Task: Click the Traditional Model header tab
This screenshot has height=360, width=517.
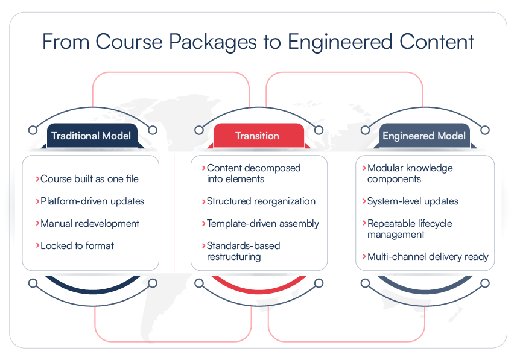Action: (90, 136)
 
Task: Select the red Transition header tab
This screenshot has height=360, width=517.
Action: (258, 136)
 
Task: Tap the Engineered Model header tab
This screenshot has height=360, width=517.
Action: (424, 136)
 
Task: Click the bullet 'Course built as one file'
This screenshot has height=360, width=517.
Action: (89, 178)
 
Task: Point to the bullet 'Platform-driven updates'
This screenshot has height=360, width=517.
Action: (92, 201)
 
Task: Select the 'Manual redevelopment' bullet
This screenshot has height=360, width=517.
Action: (90, 223)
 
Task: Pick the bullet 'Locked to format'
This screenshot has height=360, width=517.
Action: (77, 245)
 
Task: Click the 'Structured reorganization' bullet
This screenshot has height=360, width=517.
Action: (261, 201)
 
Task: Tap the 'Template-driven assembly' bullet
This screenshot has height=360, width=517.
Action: (263, 223)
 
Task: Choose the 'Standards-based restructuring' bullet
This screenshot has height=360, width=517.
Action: (243, 251)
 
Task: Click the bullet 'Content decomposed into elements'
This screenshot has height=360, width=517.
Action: (253, 173)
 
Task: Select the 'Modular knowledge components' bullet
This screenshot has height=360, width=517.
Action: (410, 173)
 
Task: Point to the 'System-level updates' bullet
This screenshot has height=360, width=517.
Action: (413, 201)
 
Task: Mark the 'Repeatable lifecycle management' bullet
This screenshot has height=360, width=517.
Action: (410, 229)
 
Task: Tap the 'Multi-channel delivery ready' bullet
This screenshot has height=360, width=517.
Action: (428, 256)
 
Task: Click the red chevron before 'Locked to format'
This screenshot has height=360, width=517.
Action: (37, 245)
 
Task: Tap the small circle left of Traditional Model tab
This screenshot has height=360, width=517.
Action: (33, 130)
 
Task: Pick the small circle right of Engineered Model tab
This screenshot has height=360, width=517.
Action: (484, 130)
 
